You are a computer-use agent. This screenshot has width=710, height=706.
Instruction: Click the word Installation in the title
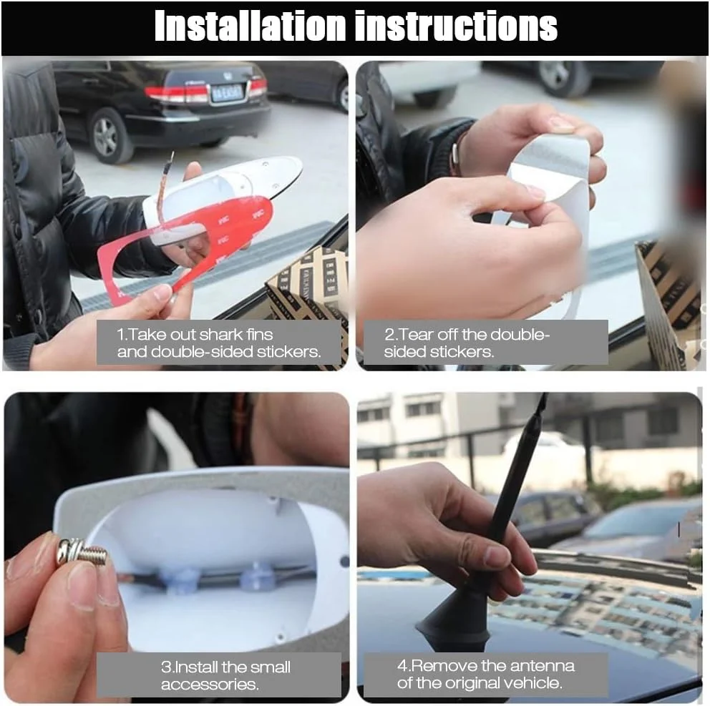click(250, 25)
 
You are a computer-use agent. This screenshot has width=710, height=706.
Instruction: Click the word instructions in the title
click(456, 25)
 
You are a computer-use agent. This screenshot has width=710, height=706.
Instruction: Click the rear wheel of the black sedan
click(107, 136)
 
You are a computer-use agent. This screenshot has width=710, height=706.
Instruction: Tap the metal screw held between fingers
click(82, 552)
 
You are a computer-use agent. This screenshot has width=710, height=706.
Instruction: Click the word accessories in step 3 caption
click(210, 685)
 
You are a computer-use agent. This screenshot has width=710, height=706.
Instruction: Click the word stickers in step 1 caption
click(289, 352)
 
